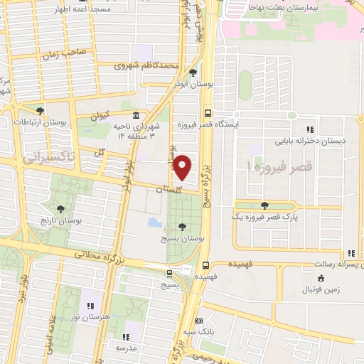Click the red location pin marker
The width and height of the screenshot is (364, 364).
point(182,168)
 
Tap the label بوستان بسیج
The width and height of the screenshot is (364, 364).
point(183,240)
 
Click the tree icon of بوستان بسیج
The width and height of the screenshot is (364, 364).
point(183,227)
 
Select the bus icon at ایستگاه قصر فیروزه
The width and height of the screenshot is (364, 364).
point(207,112)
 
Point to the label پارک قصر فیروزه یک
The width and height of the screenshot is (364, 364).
point(266,218)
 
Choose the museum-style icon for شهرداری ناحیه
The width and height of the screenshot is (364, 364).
point(136,116)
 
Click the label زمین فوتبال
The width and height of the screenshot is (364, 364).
point(326,290)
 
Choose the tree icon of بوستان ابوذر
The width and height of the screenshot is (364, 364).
point(193,72)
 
